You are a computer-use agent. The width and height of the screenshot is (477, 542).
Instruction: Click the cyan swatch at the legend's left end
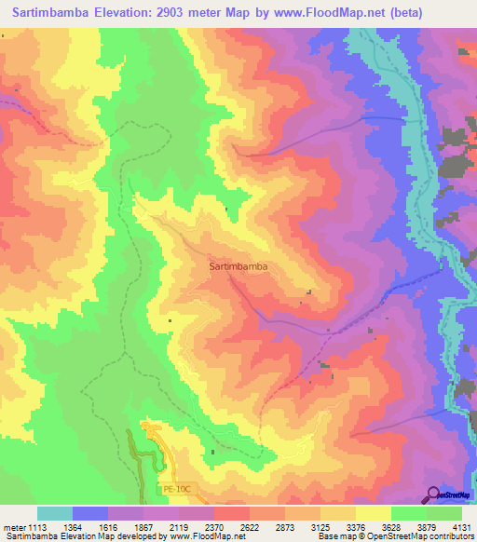click(x=55, y=513)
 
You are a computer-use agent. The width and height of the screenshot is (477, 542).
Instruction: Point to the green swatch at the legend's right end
click(x=444, y=513)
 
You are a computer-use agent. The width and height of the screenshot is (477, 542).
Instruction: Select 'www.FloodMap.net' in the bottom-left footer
click(x=199, y=536)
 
